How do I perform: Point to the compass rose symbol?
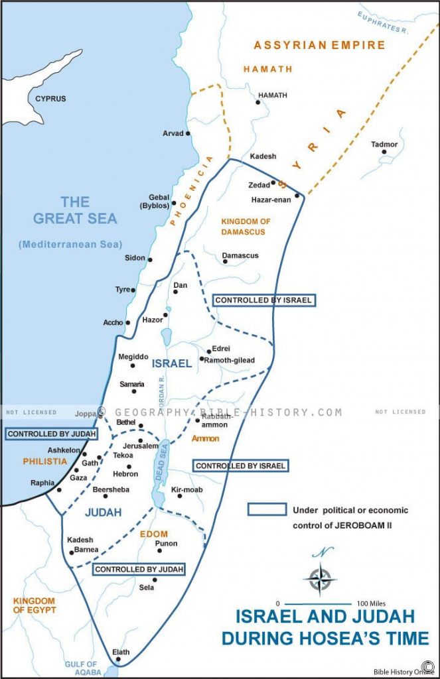click(x=320, y=577)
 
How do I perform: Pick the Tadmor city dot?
click(x=384, y=152)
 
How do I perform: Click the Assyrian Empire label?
click(x=319, y=45)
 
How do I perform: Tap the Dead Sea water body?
click(x=159, y=474)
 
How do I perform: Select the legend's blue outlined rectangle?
click(x=266, y=509)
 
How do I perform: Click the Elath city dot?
click(x=118, y=659)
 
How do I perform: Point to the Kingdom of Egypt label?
click(x=34, y=605)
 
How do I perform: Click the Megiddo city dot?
click(x=132, y=365)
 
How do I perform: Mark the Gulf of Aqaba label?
click(x=80, y=668)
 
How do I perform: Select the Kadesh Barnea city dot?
click(x=70, y=552)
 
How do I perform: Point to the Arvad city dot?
click(x=188, y=133)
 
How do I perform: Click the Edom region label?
click(x=153, y=533)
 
